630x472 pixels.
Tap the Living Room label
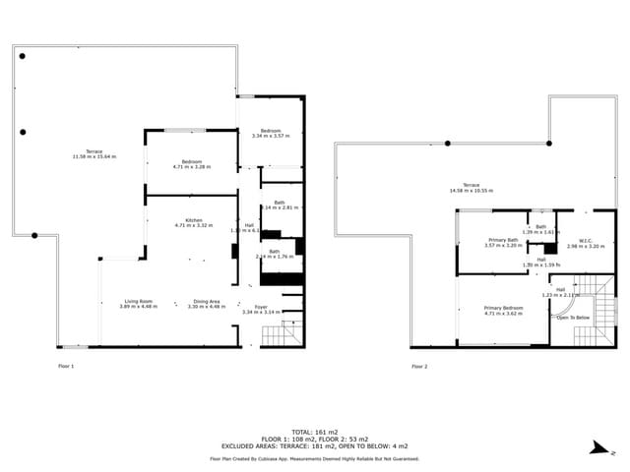pyautogui.click(x=138, y=301)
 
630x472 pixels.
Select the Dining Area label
pyautogui.click(x=207, y=301)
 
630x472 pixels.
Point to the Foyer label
pyautogui.click(x=261, y=307)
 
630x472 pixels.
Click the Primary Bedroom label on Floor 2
pyautogui.click(x=503, y=308)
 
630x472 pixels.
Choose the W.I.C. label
pyautogui.click(x=586, y=241)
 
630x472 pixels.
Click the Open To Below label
pyautogui.click(x=573, y=318)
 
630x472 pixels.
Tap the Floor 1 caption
pyautogui.click(x=66, y=366)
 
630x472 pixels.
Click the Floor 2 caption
pyautogui.click(x=419, y=366)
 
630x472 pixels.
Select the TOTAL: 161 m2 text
pyautogui.click(x=314, y=432)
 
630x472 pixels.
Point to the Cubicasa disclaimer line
pyautogui.click(x=314, y=458)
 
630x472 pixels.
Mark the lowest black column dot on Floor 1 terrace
pyautogui.click(x=34, y=235)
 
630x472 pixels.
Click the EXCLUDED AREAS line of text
pyautogui.click(x=314, y=445)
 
